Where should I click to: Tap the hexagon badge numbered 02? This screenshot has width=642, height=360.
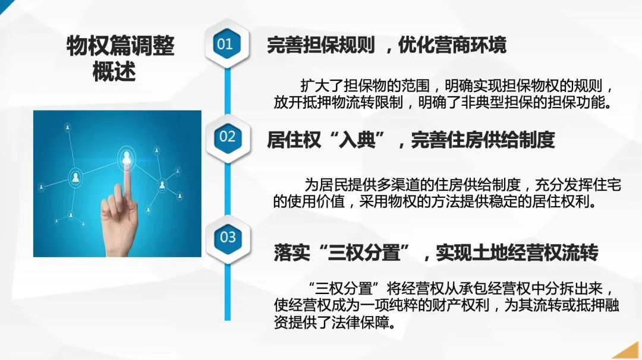tap(227, 136)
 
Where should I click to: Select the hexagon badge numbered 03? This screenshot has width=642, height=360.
tap(228, 237)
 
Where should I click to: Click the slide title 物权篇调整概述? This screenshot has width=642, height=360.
tap(120, 58)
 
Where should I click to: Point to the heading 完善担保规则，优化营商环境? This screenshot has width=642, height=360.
tap(386, 45)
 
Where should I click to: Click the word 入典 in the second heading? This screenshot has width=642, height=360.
tap(357, 140)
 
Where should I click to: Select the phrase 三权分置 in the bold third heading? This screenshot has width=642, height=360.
tap(364, 252)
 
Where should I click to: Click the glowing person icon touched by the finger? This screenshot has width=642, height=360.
tap(127, 157)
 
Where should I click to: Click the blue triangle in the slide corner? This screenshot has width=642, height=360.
tap(5, 5)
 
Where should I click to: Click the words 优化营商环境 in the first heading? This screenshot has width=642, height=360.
tap(452, 45)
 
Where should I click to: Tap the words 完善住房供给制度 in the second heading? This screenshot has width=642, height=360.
tap(483, 140)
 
